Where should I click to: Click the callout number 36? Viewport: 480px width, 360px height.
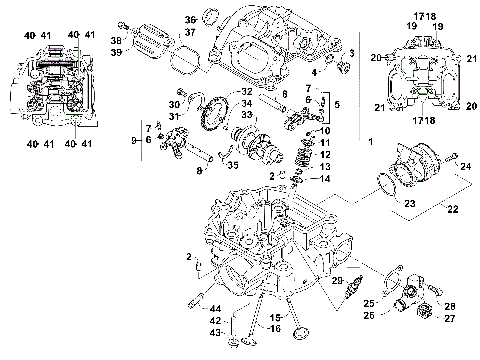coord(191,20)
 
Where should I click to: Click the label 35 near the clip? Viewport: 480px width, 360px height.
coord(235,166)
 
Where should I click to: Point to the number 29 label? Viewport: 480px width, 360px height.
coord(337,280)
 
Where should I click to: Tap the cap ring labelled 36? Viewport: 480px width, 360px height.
coord(211,14)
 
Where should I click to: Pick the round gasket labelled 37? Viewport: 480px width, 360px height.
coord(180,58)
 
